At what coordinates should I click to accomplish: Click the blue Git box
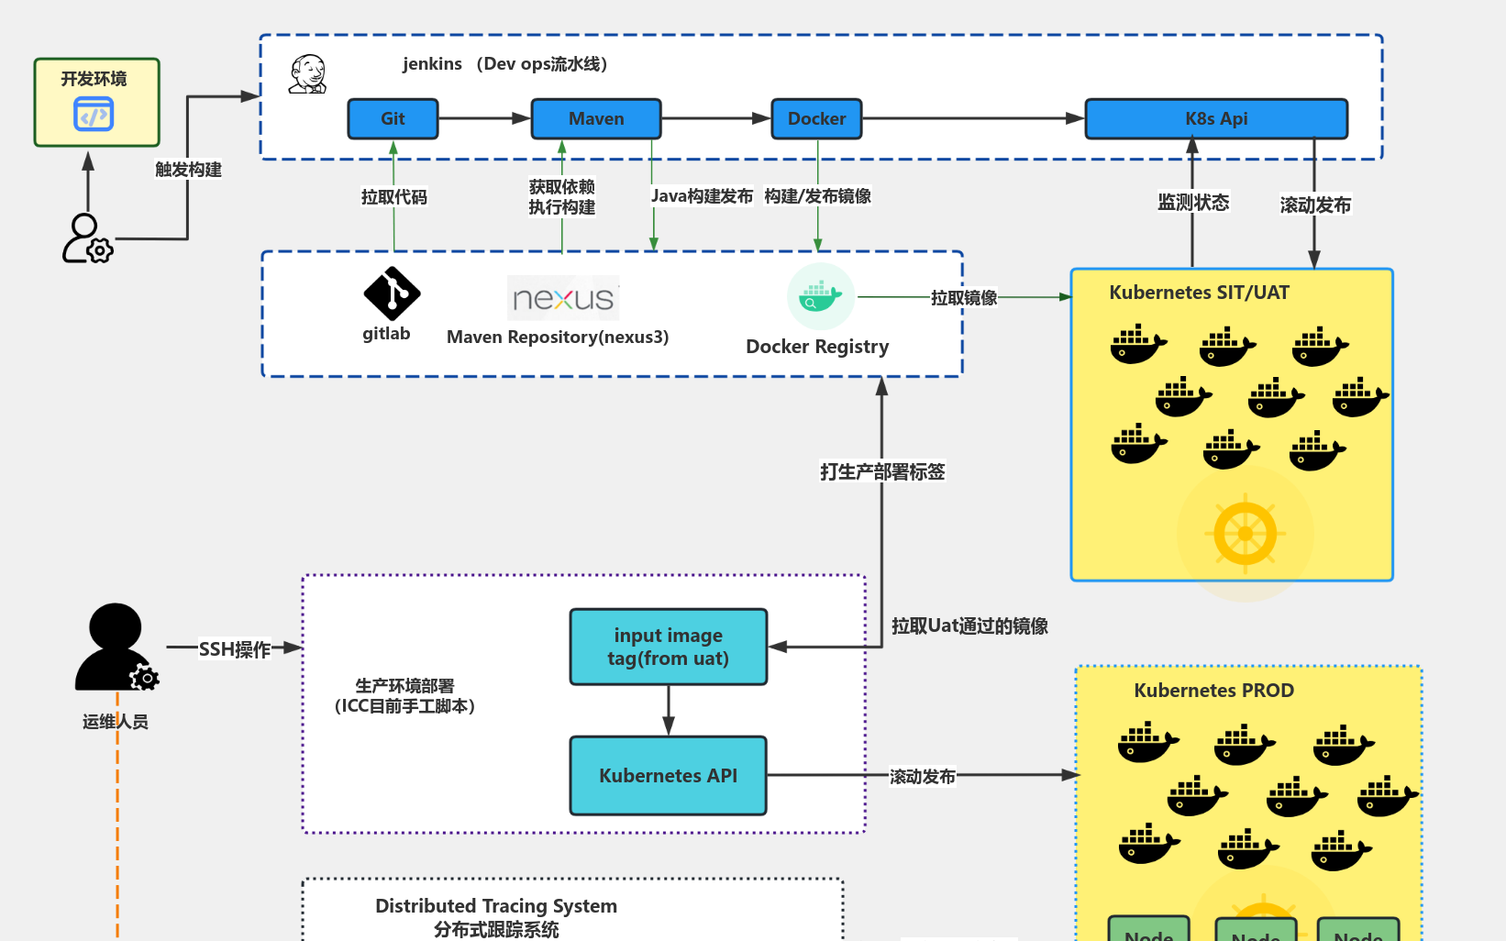[393, 119]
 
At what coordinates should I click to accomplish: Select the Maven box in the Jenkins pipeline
[596, 119]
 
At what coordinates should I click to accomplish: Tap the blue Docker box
[816, 119]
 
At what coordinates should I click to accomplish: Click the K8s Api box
[1216, 119]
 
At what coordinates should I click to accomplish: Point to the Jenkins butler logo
[308, 74]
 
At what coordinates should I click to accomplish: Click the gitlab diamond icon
[392, 293]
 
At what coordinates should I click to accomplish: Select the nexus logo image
[563, 298]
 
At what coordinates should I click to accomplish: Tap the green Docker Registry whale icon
[820, 296]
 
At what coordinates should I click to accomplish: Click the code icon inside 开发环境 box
[94, 116]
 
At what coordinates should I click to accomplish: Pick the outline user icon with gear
[86, 238]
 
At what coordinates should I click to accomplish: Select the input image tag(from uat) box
[668, 647]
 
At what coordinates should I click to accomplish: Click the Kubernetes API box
[668, 776]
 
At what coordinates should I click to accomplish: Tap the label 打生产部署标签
[881, 471]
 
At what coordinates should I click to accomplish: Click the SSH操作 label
[235, 649]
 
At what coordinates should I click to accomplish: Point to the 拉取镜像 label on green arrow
[963, 297]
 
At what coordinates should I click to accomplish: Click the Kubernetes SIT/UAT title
[1199, 293]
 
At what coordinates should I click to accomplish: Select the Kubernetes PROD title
[1213, 691]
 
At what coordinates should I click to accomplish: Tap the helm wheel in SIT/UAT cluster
[1245, 533]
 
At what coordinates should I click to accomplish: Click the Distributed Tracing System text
[496, 906]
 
